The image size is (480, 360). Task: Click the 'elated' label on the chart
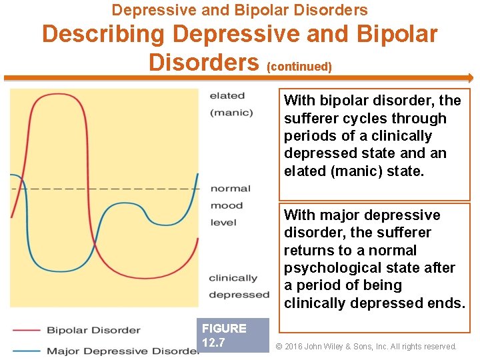(x=227, y=96)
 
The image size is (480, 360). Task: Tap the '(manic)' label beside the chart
(x=231, y=113)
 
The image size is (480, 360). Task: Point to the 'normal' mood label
(x=231, y=189)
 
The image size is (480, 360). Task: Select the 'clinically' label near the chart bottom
(x=233, y=278)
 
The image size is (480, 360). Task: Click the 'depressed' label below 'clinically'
(x=239, y=295)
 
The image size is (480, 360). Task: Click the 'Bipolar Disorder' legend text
(x=93, y=330)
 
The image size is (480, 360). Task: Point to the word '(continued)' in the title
(x=299, y=67)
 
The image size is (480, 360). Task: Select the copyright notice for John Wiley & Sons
(x=366, y=347)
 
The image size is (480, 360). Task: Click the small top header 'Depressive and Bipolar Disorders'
(x=239, y=10)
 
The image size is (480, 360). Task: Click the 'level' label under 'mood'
(x=223, y=222)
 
